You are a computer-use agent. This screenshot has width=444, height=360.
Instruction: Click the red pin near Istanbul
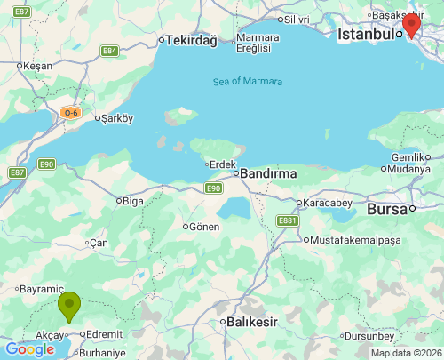(x=411, y=23)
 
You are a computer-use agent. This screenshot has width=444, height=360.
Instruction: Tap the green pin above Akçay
(x=69, y=306)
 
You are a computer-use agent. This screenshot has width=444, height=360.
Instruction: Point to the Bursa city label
(x=387, y=210)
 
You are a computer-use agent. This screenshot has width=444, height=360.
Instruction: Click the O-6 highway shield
(x=71, y=113)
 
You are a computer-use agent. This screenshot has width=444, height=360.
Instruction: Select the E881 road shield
(x=287, y=220)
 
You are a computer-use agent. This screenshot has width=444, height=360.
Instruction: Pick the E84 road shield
(x=109, y=51)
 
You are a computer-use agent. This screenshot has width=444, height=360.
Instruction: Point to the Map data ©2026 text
(x=406, y=353)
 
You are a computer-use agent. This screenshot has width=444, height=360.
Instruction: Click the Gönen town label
(x=204, y=227)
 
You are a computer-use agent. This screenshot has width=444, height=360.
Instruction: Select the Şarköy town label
(x=117, y=118)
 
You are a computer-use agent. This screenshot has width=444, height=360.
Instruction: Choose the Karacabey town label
(x=329, y=203)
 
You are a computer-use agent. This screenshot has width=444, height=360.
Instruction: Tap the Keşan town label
(x=38, y=66)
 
